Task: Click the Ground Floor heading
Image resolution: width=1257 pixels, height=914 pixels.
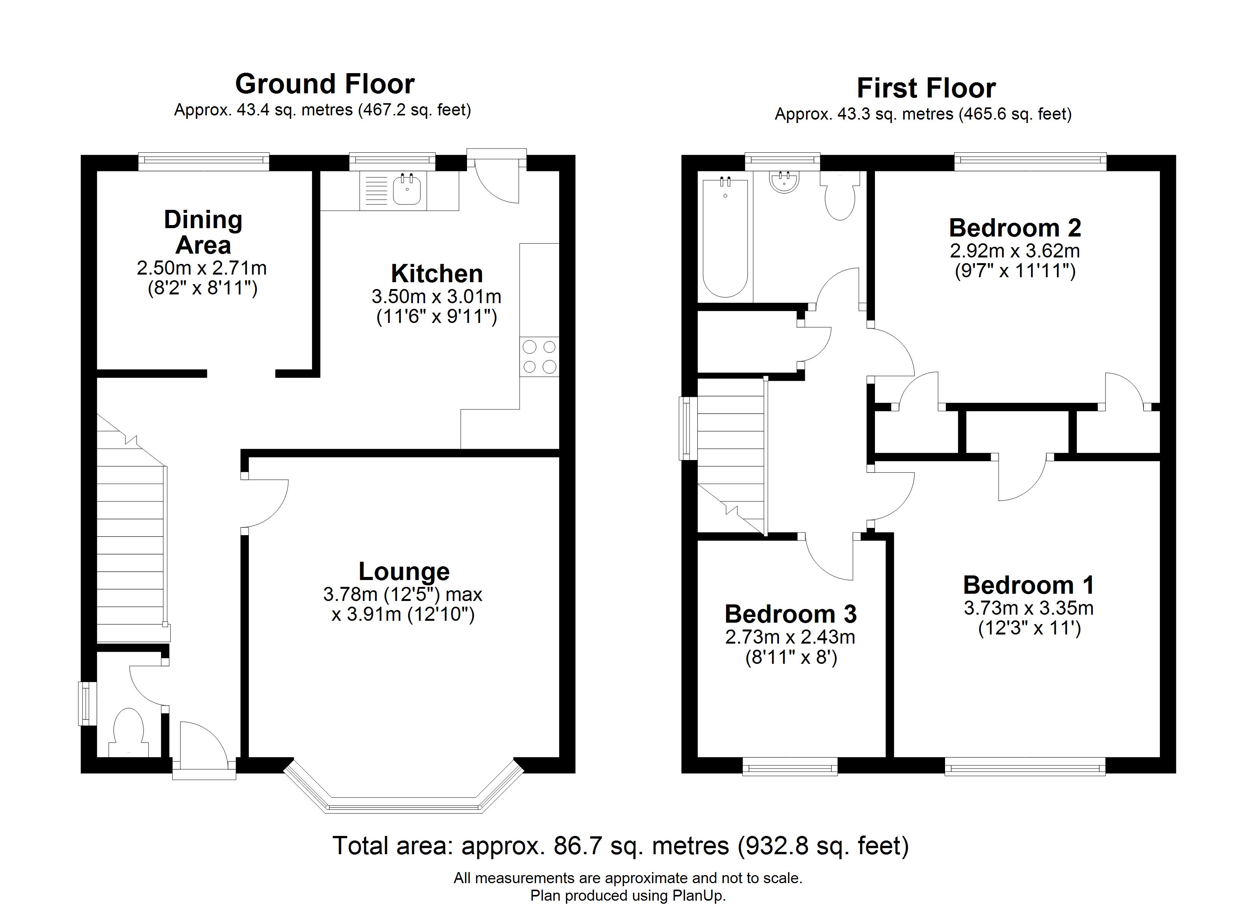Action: tap(325, 84)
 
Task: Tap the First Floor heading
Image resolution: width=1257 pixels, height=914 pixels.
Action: tap(926, 88)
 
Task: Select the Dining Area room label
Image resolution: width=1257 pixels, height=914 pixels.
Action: tap(203, 232)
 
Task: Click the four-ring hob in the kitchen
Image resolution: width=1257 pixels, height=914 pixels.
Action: tap(539, 356)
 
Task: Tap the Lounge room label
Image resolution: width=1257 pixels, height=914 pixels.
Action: tap(404, 571)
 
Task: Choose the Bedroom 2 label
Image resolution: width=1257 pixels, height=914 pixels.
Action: tap(1015, 227)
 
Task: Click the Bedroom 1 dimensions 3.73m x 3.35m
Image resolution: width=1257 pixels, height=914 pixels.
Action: tap(1028, 608)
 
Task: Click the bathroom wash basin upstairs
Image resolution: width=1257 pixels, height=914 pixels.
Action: tap(784, 182)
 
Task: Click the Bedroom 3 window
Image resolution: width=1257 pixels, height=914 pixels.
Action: tap(790, 768)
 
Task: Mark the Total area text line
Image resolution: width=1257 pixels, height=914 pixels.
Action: tap(621, 846)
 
